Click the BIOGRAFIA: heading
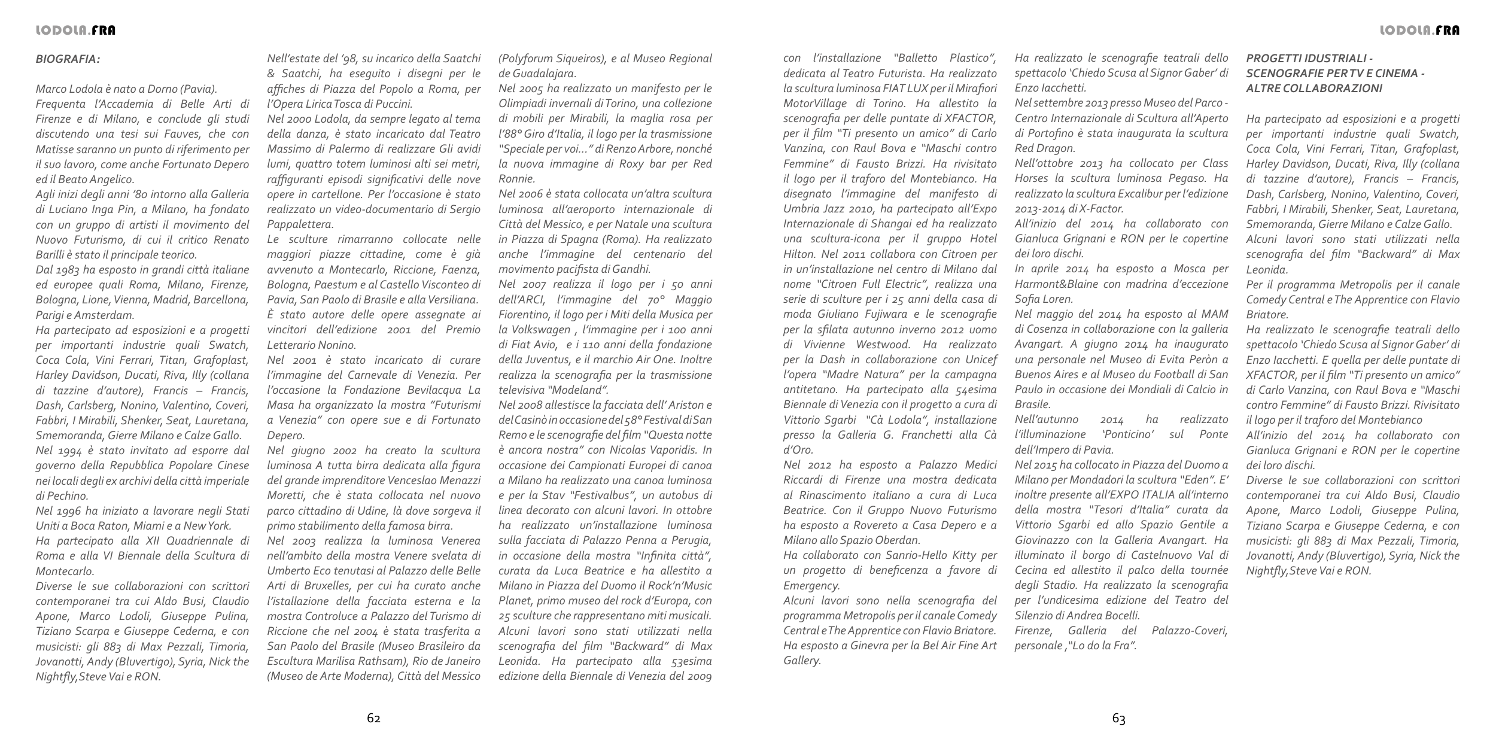pyautogui.click(x=68, y=59)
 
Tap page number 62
pyautogui.click(x=373, y=719)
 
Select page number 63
pyautogui.click(x=1119, y=719)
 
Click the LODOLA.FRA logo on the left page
pyautogui.click(x=75, y=30)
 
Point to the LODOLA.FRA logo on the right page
pyautogui.click(x=1419, y=30)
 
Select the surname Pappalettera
pyautogui.click(x=299, y=224)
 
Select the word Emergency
pyautogui.click(x=811, y=585)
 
